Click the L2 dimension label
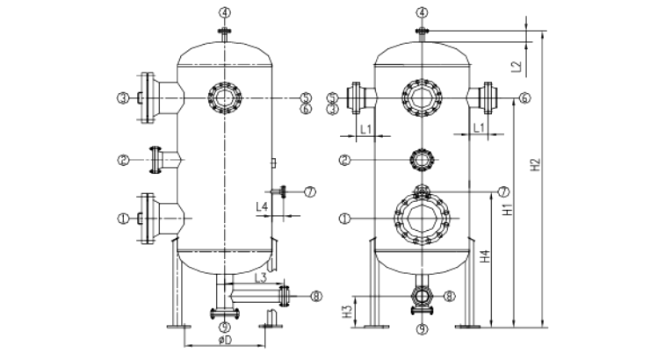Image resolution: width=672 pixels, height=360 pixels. [x=518, y=64]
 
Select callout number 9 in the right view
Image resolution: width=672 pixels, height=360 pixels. [x=422, y=329]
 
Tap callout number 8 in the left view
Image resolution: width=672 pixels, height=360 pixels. [x=315, y=296]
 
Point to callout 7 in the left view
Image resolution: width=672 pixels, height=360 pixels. [x=307, y=191]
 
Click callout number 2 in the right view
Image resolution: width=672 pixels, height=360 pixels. [x=346, y=160]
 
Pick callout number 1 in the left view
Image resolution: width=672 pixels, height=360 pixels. [x=125, y=216]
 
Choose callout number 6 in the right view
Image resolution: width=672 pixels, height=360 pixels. [x=524, y=97]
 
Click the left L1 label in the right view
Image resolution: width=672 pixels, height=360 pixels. [x=369, y=129]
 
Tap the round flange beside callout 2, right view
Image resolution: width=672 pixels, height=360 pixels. [x=422, y=160]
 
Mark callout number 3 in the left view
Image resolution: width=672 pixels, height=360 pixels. [x=125, y=97]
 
